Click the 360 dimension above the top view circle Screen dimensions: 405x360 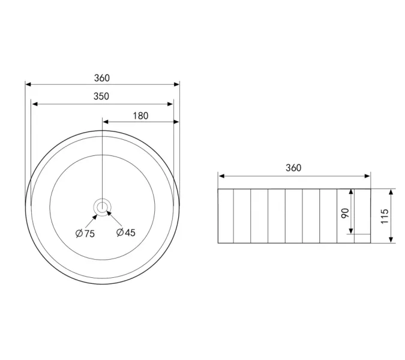coord(102,78)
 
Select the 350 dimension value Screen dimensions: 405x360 coord(101,97)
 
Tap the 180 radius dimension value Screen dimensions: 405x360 coord(140,116)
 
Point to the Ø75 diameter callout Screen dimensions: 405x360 coord(85,233)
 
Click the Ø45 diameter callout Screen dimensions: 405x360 coord(126,232)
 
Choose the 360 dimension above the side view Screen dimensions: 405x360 coord(293,168)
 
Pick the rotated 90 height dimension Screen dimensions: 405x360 coord(345,213)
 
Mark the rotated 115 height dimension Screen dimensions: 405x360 coord(385,217)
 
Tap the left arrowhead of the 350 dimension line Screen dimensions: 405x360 coord(35,104)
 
